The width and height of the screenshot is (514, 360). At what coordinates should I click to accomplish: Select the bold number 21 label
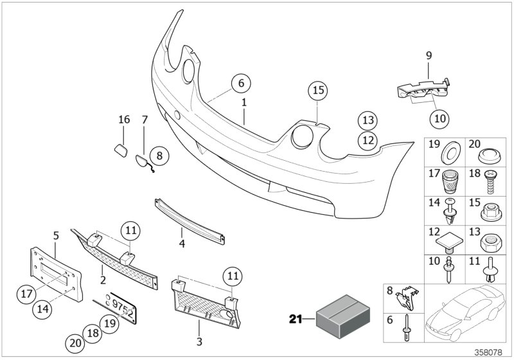click(296, 318)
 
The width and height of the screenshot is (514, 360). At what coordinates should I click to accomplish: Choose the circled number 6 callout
click(240, 84)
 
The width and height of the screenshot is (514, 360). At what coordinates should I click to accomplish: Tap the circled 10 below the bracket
click(441, 118)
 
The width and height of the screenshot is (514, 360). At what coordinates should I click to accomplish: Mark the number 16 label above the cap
click(124, 120)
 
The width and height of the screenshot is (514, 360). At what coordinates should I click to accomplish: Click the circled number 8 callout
click(160, 154)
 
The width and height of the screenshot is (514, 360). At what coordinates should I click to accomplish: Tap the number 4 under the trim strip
click(182, 244)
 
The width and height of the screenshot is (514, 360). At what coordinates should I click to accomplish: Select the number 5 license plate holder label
click(56, 236)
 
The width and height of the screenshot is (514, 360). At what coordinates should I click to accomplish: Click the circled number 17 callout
click(27, 295)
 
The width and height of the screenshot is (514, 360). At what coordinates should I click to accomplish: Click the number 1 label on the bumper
click(244, 102)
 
